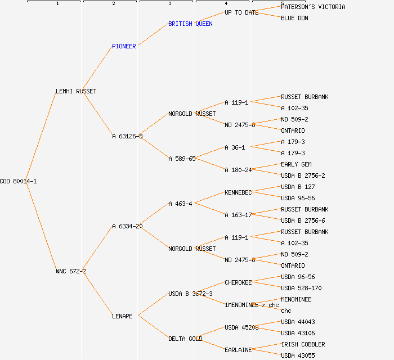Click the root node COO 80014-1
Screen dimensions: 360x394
18,181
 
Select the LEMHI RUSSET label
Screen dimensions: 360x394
76,91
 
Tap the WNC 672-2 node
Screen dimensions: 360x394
71,271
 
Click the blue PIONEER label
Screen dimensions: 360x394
124,46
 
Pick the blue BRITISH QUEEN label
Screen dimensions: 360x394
190,24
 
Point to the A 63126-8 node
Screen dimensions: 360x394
127,136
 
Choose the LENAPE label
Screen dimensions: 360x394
122,316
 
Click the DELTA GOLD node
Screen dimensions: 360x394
185,339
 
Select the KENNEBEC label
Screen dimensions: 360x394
238,192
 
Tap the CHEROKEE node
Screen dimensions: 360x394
238,282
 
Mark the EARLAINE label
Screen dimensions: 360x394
238,350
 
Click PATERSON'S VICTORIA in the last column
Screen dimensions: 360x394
313,7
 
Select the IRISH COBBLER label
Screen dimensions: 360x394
303,344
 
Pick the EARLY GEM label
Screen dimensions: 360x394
296,164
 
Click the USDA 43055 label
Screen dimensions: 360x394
298,355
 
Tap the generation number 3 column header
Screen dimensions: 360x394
169,3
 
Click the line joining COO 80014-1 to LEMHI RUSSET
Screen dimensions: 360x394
41,135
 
